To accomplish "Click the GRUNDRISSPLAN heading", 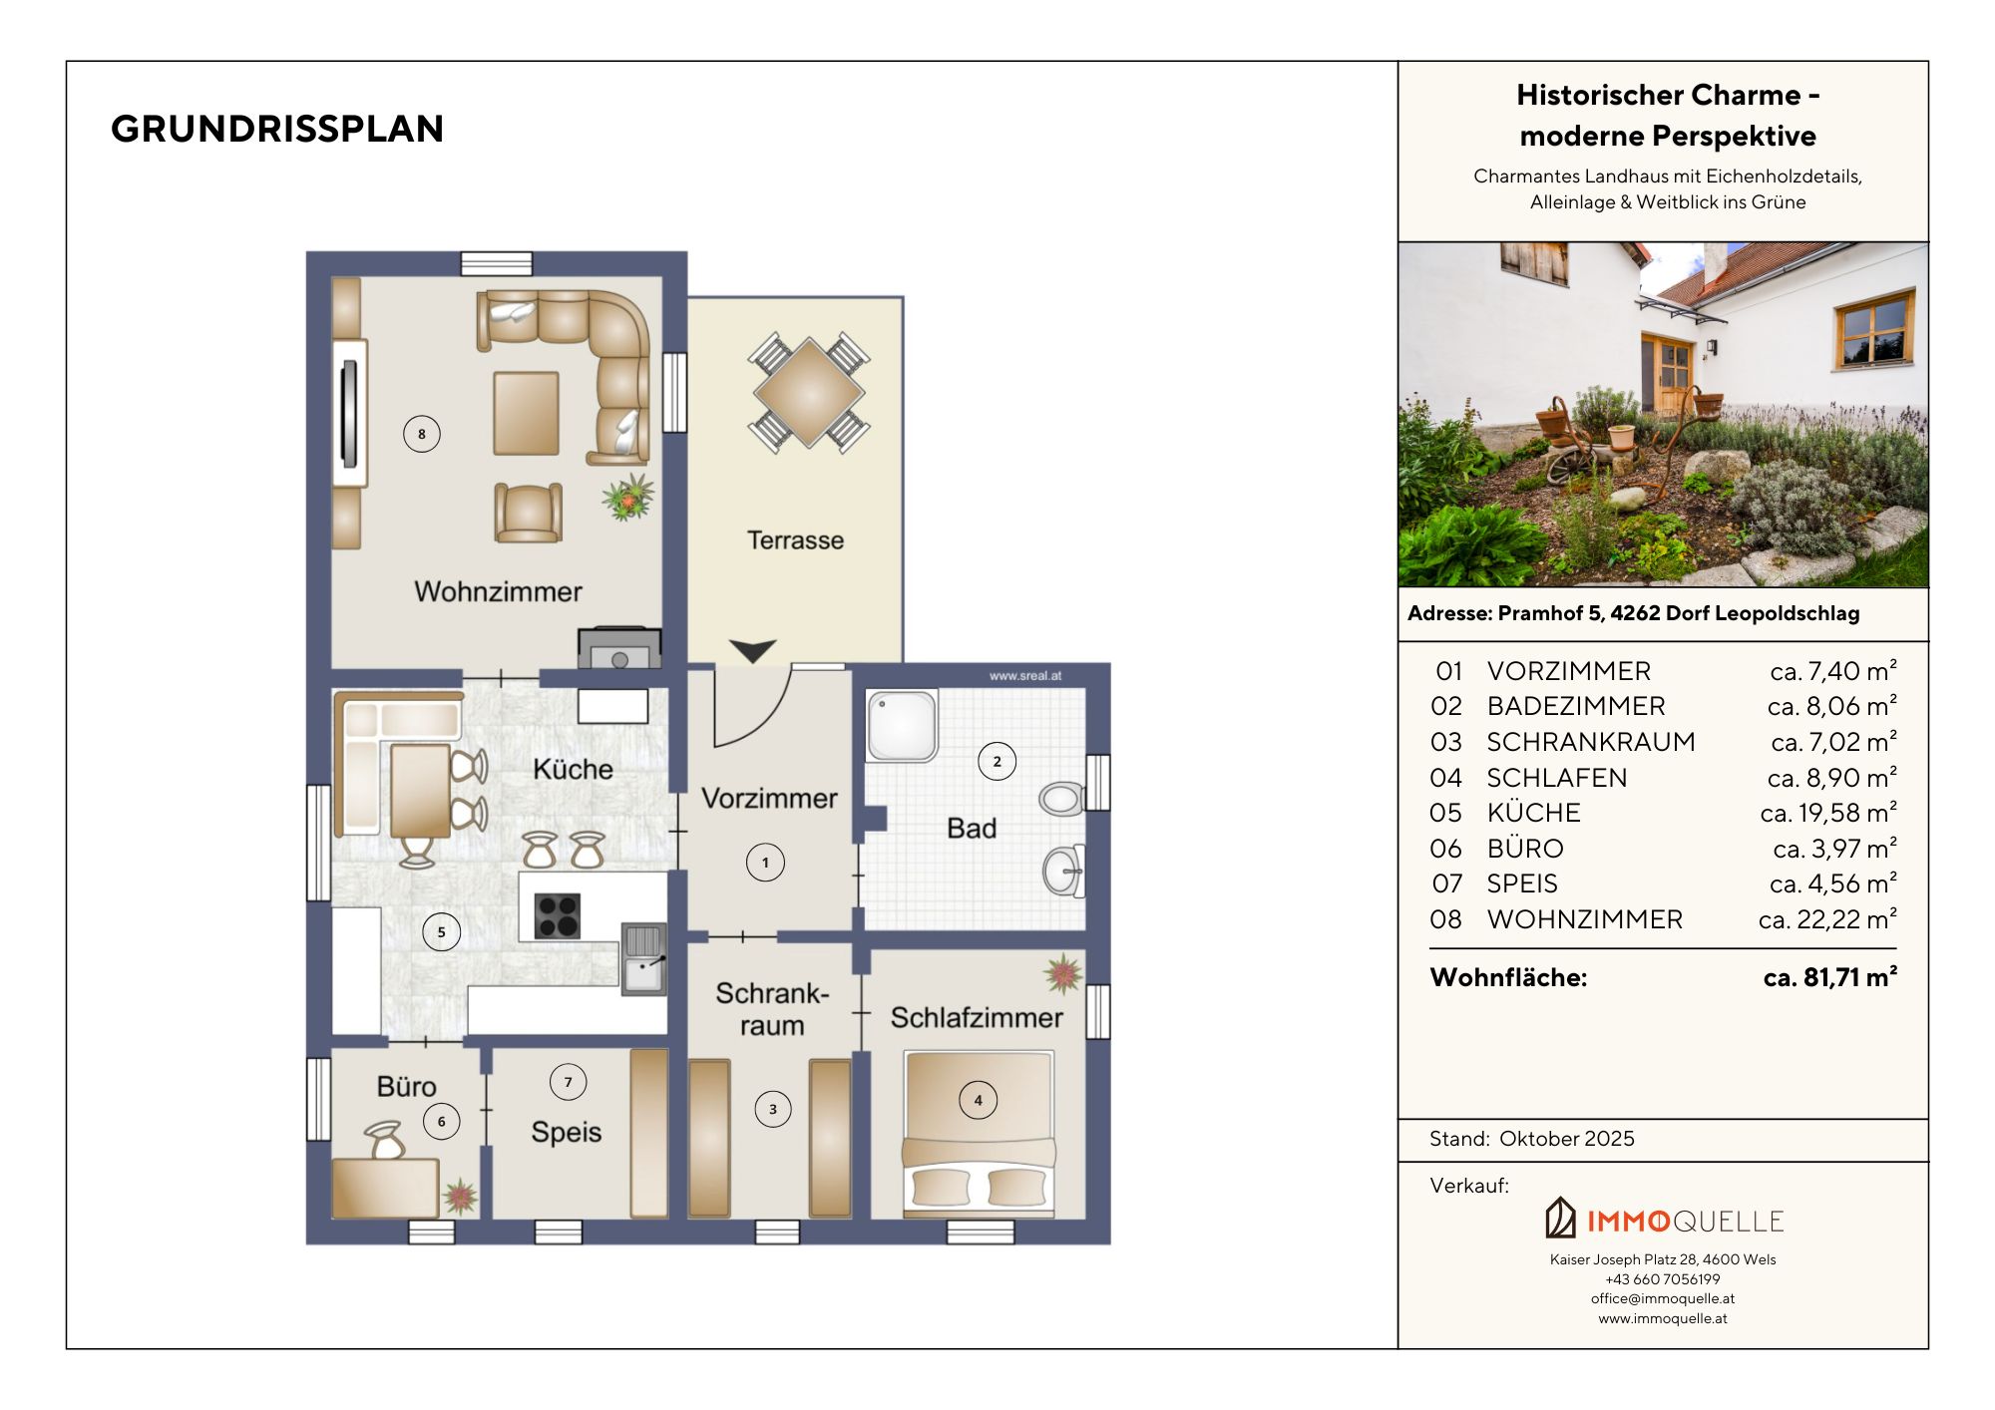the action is [277, 129].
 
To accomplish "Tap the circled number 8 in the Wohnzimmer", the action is [422, 434].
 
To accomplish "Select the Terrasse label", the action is [795, 540].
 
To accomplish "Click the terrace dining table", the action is [809, 393].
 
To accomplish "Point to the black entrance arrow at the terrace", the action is [753, 651].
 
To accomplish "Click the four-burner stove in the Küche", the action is [558, 916].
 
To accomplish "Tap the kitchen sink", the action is [644, 959].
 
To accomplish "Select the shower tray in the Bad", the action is [902, 726].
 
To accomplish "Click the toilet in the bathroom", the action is [1061, 798].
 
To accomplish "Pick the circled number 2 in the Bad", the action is [997, 762].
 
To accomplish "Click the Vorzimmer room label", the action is [769, 799].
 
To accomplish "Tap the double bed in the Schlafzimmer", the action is [979, 1134].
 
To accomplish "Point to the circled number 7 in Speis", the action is [569, 1082].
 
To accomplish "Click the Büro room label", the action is [406, 1086].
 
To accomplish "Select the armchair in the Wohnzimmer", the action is [528, 513].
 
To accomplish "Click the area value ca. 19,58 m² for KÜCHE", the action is [1828, 813].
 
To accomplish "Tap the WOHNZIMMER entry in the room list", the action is [1585, 919].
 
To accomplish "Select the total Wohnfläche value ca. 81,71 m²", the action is [1829, 977].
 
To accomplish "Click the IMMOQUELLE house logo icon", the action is [1560, 1218].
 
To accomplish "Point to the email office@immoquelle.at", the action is [1663, 1298].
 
